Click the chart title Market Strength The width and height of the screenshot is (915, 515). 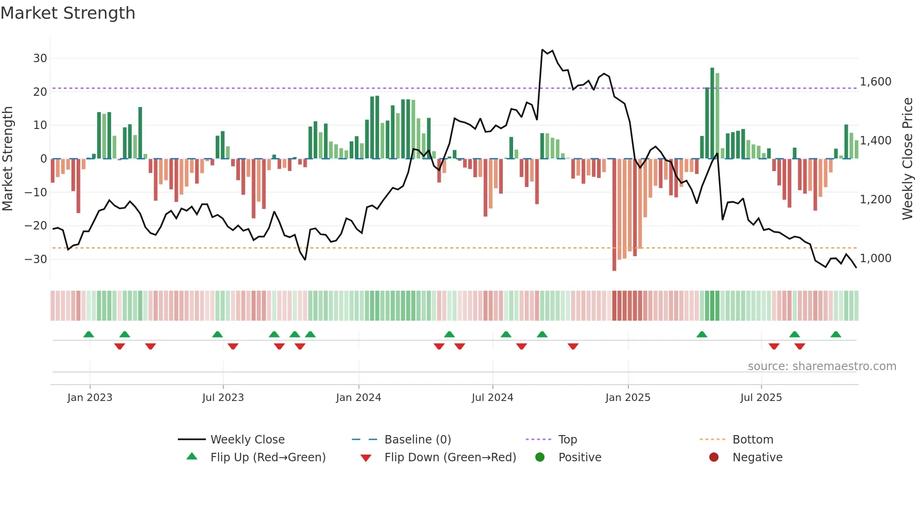click(x=68, y=13)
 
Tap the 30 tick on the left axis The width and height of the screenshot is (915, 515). click(x=40, y=58)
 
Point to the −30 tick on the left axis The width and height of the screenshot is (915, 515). click(x=36, y=259)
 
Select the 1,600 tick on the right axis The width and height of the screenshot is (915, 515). click(x=875, y=82)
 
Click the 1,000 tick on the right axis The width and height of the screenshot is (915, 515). click(x=875, y=258)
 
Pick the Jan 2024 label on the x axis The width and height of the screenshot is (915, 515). click(x=359, y=398)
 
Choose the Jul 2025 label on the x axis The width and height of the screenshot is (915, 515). click(x=761, y=398)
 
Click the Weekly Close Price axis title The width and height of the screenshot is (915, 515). click(x=907, y=159)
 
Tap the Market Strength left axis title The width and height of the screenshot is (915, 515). click(x=7, y=159)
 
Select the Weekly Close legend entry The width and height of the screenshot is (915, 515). click(x=247, y=440)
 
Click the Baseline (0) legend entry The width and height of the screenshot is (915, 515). click(x=417, y=440)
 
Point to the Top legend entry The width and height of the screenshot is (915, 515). click(x=567, y=440)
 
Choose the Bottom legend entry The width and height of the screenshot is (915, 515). click(x=753, y=440)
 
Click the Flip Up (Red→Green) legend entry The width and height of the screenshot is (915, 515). click(x=267, y=458)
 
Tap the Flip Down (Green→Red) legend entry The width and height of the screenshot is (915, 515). click(x=450, y=458)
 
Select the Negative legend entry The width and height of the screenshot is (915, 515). click(x=757, y=458)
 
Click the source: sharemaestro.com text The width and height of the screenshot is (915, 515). click(x=822, y=366)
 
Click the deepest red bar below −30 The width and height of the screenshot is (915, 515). click(x=614, y=215)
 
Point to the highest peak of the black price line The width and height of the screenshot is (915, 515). click(x=542, y=50)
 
